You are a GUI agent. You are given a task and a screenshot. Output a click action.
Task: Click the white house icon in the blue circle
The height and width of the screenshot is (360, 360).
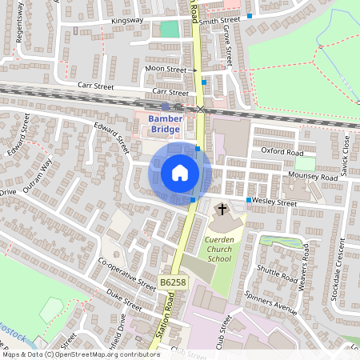click(180, 173)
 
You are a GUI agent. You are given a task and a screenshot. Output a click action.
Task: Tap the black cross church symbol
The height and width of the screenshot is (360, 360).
click(222, 210)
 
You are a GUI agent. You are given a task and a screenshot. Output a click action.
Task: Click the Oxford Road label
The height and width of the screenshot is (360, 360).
click(283, 152)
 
